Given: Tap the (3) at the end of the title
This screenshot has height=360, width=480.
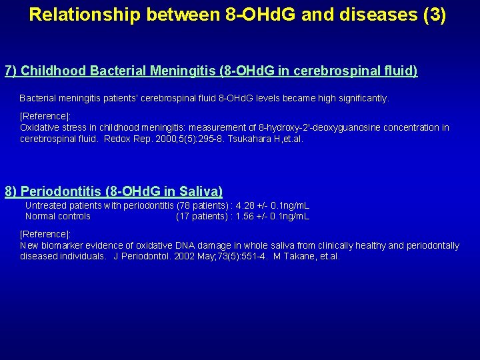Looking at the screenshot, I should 434,15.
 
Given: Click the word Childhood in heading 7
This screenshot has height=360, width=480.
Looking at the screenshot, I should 54,71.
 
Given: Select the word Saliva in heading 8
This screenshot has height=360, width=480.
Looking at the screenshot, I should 200,191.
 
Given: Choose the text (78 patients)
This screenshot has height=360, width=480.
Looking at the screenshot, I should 203,206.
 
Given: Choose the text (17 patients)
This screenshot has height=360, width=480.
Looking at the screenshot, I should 203,216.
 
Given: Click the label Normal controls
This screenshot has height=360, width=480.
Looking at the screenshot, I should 58,216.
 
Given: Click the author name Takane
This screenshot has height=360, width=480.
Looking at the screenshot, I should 300,256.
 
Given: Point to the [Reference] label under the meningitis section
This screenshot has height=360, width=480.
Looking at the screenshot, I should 45,116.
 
